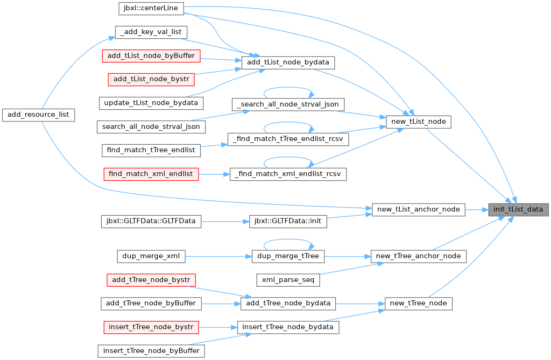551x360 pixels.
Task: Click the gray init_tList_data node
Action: (x=518, y=210)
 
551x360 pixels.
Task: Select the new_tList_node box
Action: (x=418, y=122)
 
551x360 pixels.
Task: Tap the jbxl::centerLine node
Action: (x=151, y=8)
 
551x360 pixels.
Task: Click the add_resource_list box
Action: (x=38, y=115)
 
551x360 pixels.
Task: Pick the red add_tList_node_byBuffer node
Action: (x=151, y=56)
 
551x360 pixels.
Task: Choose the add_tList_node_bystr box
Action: (x=151, y=79)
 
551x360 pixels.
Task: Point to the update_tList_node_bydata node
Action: (x=151, y=103)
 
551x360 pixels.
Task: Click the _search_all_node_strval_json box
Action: (x=288, y=104)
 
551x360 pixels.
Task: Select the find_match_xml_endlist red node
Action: (x=151, y=174)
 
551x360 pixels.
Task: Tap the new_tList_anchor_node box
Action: (x=418, y=210)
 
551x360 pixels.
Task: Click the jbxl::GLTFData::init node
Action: (x=288, y=221)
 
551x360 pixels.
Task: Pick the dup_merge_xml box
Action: (x=151, y=256)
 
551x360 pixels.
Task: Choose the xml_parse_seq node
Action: (x=288, y=280)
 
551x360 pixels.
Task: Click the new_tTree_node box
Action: (x=418, y=304)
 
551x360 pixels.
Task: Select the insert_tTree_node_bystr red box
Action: (x=151, y=327)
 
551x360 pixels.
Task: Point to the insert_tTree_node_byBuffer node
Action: (x=151, y=351)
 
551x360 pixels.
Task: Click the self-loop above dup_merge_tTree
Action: (x=288, y=240)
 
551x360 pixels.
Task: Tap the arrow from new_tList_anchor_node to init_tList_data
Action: (x=477, y=210)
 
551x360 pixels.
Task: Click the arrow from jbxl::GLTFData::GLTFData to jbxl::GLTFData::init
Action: (x=225, y=222)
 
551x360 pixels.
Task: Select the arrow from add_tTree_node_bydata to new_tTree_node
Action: (x=360, y=304)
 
